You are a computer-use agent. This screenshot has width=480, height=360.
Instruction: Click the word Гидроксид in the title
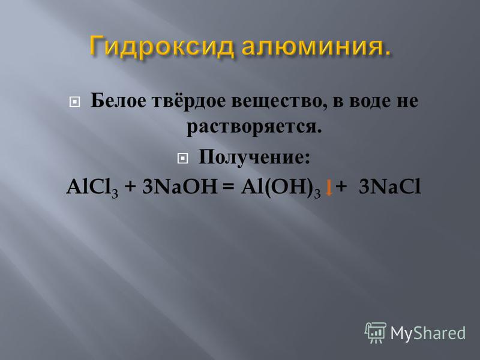pos(162,46)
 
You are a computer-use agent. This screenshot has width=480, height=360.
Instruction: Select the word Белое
pos(118,100)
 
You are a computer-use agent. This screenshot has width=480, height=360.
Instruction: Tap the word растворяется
pos(254,127)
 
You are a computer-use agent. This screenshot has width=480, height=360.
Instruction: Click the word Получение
pos(254,157)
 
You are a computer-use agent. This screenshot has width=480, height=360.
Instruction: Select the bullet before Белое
pos(74,102)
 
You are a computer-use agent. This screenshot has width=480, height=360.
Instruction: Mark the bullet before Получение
pos(182,158)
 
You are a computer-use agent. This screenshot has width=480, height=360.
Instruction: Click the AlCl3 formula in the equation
pos(92,187)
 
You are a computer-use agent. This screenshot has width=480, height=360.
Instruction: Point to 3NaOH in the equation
pos(179,186)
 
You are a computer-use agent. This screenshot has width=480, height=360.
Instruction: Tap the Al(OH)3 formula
pos(281,187)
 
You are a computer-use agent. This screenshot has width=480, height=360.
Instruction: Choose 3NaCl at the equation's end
pos(389,187)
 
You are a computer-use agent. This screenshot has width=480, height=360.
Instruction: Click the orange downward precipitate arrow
pos(329,188)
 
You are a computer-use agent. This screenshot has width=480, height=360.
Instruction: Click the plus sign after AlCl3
pos(130,187)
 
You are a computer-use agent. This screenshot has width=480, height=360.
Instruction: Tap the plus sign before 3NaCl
pos(341,187)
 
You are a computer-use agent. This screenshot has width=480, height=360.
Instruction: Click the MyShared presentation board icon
pos(376,333)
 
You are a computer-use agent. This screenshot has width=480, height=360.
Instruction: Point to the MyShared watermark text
pos(428,333)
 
